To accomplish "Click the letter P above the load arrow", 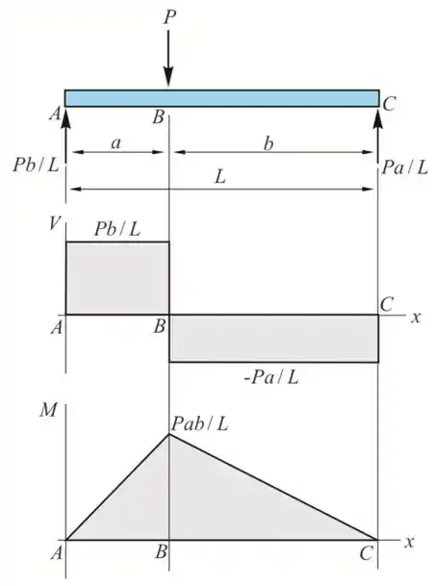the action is tap(169, 17).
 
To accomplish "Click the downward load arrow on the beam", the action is tap(168, 59).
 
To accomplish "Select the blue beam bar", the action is tap(222, 98).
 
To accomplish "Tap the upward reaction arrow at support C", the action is tap(378, 136).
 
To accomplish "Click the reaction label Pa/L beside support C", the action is tap(405, 167).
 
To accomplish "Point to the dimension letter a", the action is tap(116, 143).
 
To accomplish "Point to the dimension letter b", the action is tap(269, 143).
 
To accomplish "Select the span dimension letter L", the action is tap(220, 177).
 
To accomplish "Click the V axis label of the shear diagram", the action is tap(55, 223).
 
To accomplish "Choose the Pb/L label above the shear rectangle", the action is tap(117, 229).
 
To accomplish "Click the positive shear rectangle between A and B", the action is tap(117, 278).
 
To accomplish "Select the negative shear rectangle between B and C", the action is tap(274, 338).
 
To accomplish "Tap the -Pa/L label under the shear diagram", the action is tap(271, 377).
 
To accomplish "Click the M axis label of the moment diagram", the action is tap(48, 410).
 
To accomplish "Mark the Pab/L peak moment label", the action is tap(200, 423).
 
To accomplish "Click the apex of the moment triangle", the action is tap(169, 434).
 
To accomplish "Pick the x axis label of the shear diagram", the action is tap(416, 318).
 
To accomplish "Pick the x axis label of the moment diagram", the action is tap(410, 542).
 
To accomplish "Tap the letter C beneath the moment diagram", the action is tap(367, 553).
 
